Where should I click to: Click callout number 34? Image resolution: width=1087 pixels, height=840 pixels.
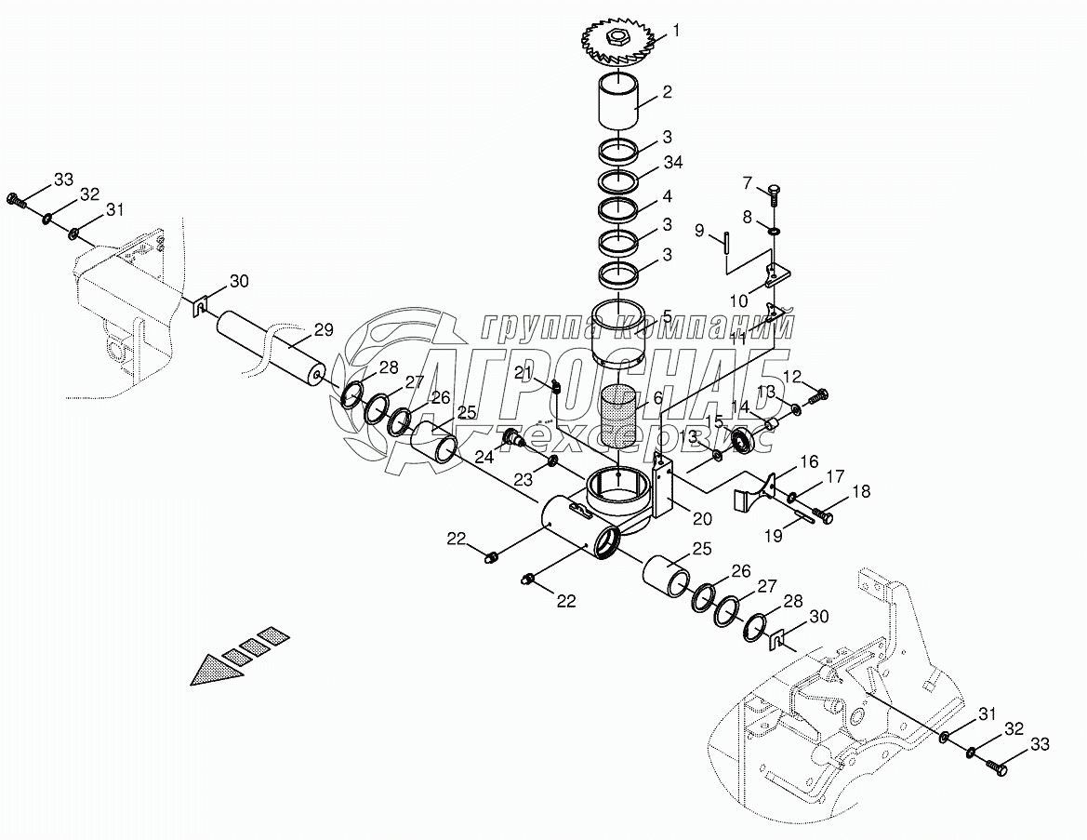[673, 163]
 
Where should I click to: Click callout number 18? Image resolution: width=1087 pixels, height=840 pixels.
[861, 491]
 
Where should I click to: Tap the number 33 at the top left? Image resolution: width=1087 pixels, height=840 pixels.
[63, 179]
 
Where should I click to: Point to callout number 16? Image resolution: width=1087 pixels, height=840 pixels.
[809, 461]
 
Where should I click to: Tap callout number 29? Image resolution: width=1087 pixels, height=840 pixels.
[323, 328]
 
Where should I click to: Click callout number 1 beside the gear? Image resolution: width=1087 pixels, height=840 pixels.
[676, 31]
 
